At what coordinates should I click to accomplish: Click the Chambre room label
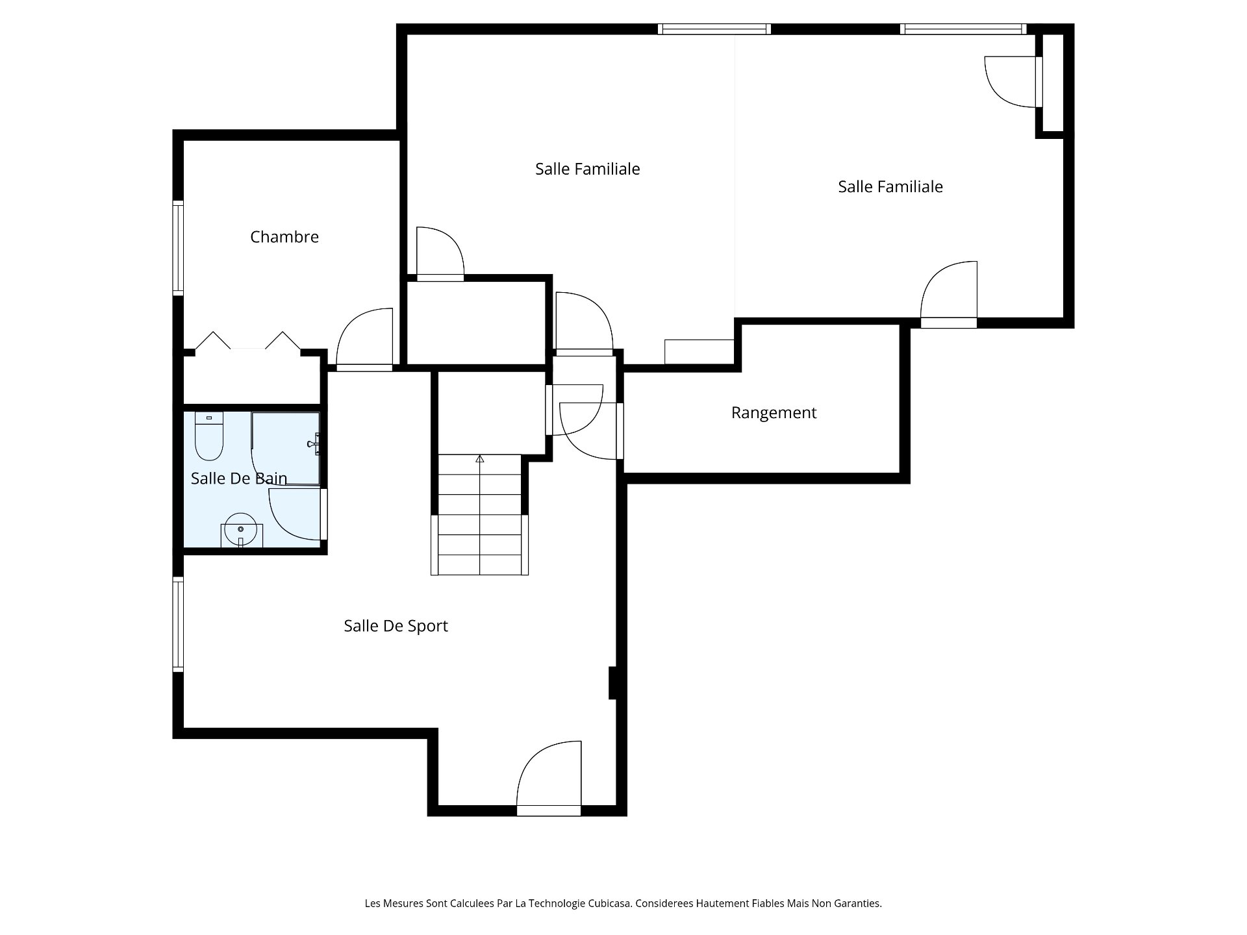pos(284,237)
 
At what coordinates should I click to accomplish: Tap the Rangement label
pos(774,413)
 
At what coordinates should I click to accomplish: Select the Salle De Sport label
pos(396,626)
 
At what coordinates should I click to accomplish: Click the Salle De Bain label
pos(239,479)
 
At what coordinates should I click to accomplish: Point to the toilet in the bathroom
pos(209,436)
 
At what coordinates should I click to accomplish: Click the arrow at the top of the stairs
pos(480,459)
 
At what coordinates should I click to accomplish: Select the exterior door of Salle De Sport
pos(549,778)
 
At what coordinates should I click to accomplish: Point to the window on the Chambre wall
pos(178,248)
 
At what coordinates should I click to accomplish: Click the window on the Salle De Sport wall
pos(178,624)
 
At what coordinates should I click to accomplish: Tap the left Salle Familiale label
pos(588,169)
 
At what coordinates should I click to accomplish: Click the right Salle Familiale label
pos(890,187)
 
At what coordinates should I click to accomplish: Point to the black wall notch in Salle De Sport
pos(612,683)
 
